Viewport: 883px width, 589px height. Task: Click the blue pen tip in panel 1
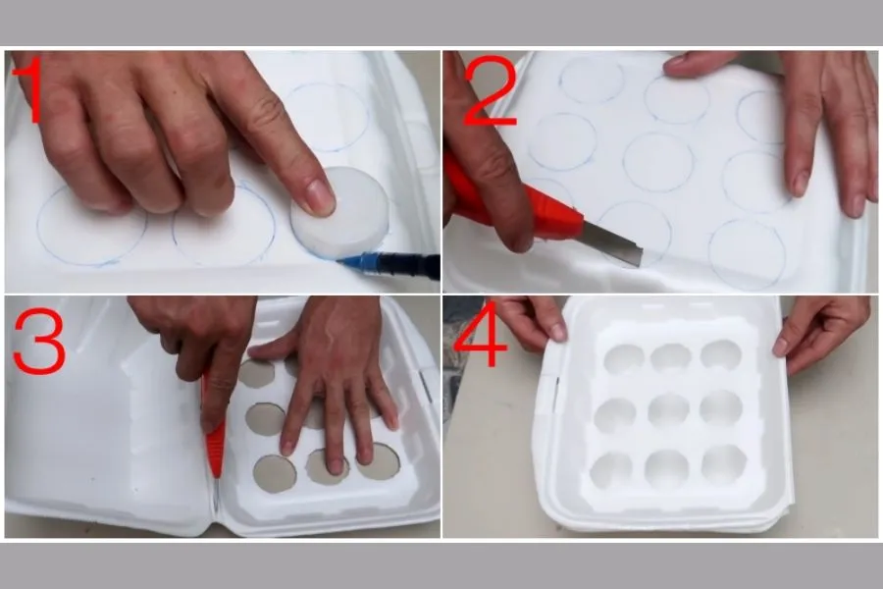point(345,261)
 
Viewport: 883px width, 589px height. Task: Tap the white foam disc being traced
point(339,212)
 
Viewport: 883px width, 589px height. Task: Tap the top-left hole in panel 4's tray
point(623,360)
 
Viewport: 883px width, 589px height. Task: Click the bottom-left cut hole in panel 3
point(275,473)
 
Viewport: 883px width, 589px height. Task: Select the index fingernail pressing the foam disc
point(319,197)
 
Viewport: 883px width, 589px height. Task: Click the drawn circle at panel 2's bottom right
point(747,254)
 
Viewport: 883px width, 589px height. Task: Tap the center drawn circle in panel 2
point(658,162)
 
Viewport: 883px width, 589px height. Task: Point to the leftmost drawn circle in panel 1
point(92,226)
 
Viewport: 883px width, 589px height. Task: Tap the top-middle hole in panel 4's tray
point(670,358)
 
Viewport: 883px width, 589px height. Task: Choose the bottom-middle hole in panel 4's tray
point(667,469)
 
